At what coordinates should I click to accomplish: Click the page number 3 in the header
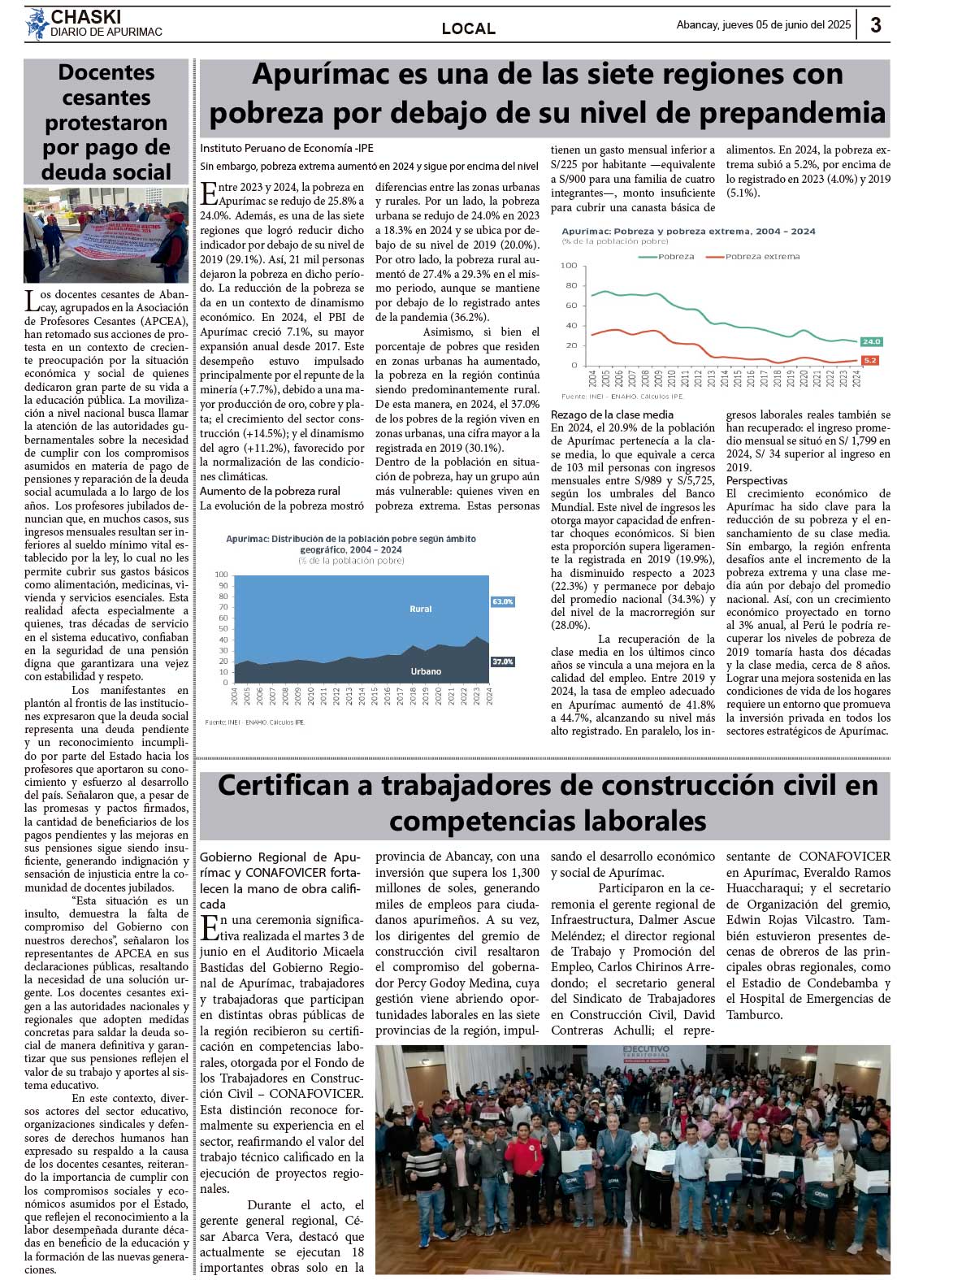point(875,25)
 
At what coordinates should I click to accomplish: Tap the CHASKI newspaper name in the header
point(85,17)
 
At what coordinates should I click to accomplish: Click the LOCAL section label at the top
point(468,28)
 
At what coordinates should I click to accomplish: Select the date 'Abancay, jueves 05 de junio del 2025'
point(763,25)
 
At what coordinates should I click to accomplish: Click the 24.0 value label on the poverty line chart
point(871,342)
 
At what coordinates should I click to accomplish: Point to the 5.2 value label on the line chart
point(870,360)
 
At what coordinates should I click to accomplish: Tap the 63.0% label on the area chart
point(502,601)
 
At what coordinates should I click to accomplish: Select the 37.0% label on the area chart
point(502,662)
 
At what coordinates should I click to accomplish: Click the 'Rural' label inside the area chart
point(420,609)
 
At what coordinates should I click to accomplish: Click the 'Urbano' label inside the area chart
point(425,671)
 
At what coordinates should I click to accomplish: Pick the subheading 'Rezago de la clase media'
point(612,414)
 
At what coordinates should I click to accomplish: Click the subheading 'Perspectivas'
point(756,480)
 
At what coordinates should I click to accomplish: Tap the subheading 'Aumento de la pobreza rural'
point(270,491)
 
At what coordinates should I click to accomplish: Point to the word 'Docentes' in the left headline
point(106,72)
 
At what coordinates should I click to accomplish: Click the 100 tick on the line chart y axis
point(569,266)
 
